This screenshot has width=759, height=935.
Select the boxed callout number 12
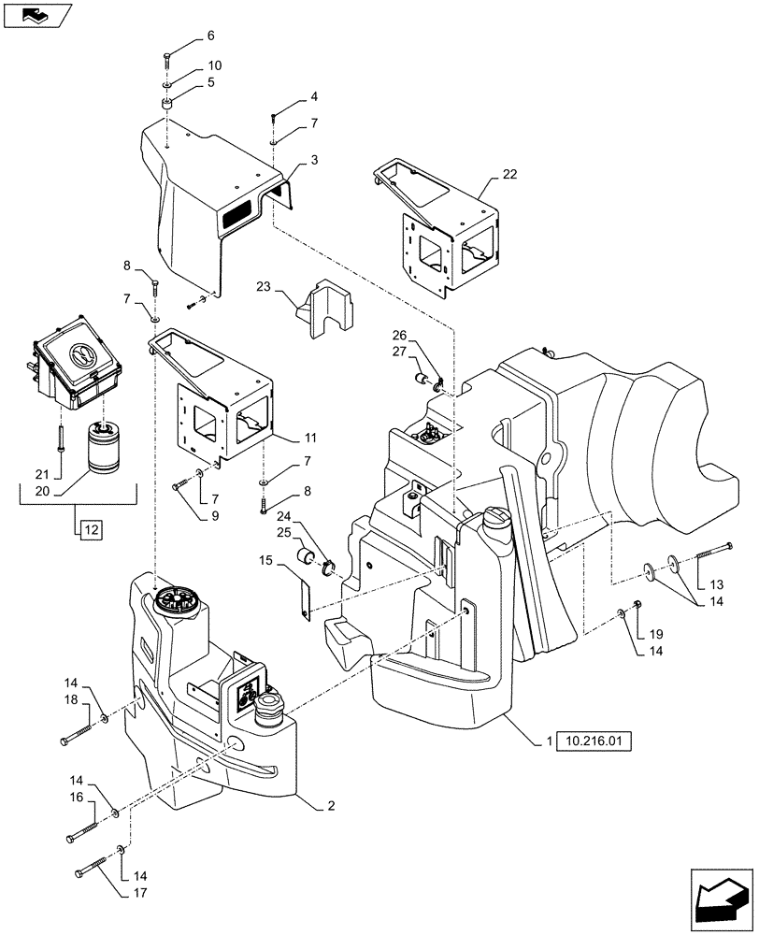coord(90,529)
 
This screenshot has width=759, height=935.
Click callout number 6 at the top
coord(209,36)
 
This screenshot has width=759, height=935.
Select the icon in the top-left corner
coord(36,14)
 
